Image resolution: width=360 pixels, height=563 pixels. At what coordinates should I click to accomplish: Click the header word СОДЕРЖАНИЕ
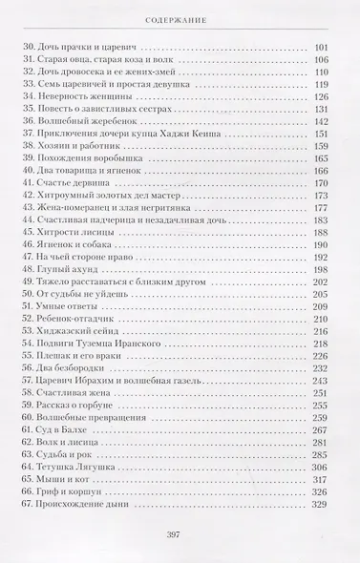180,17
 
